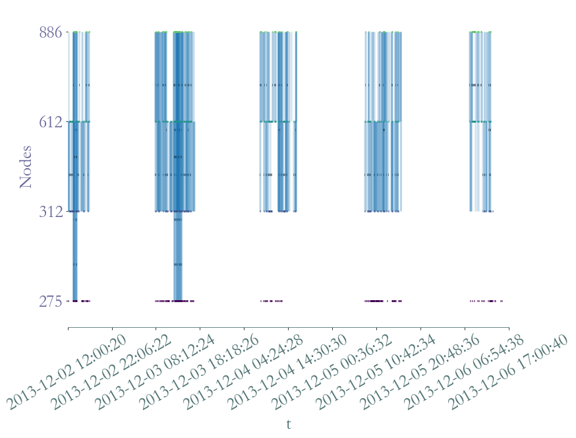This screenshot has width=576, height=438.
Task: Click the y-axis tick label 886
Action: click(x=51, y=32)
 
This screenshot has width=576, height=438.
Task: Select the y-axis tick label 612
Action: click(x=51, y=122)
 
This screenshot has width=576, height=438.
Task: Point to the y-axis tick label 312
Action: click(x=51, y=212)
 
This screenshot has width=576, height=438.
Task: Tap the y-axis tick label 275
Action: click(x=51, y=301)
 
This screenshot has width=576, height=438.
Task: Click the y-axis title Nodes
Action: click(x=26, y=167)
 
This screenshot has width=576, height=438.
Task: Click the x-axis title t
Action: click(x=289, y=424)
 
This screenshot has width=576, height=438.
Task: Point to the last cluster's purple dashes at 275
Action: click(x=486, y=301)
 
